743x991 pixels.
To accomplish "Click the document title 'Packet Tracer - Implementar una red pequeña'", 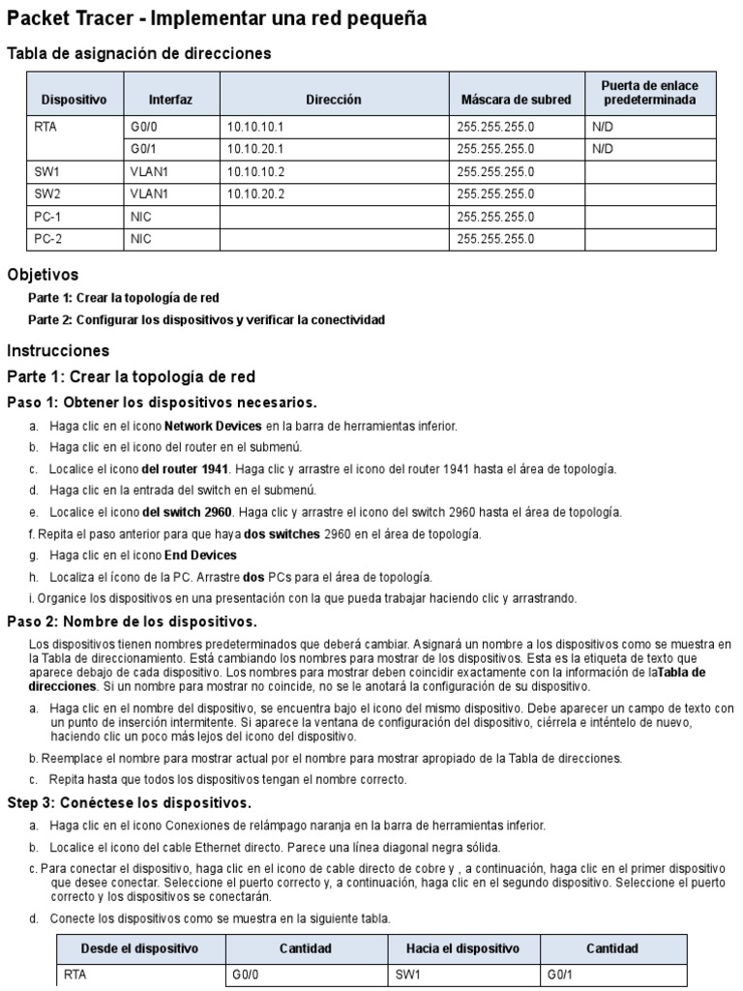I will (x=202, y=19).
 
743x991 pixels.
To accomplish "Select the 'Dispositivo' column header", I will (x=74, y=100).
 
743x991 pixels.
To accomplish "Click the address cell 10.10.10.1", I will (x=254, y=127).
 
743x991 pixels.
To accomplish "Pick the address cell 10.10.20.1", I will (x=254, y=149).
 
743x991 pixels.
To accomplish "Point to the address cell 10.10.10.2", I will (x=254, y=172).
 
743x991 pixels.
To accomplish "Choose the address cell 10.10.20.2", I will (x=254, y=195).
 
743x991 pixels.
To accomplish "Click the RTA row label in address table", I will (x=46, y=127).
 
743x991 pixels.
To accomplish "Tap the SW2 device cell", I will (x=47, y=195).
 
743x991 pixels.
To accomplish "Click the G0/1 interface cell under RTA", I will (x=143, y=149).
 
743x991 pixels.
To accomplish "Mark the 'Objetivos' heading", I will (x=43, y=275).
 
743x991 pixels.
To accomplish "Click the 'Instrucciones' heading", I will (x=58, y=350).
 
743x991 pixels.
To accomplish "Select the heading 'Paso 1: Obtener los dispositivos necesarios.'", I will (x=162, y=402).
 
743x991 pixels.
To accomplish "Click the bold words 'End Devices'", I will (x=200, y=556).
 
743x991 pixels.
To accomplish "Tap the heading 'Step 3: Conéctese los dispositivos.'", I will (x=129, y=803).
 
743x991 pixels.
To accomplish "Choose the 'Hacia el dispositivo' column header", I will (x=464, y=948).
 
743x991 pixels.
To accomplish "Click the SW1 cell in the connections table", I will (x=408, y=976).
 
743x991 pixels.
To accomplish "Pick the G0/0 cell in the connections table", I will (x=246, y=976).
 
